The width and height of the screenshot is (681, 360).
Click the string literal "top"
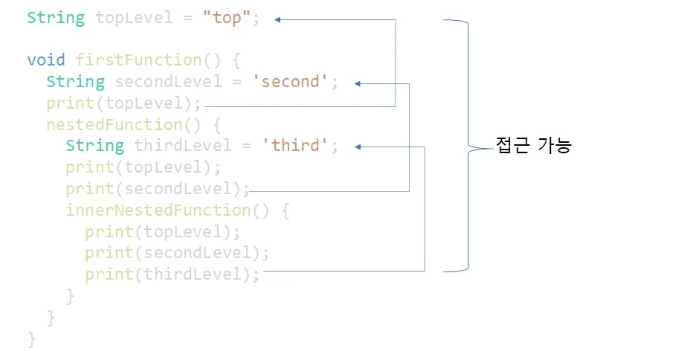[x=227, y=18]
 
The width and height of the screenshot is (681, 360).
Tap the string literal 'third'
[x=295, y=146]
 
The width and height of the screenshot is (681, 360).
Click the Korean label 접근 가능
[x=533, y=146]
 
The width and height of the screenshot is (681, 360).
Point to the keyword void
[x=46, y=60]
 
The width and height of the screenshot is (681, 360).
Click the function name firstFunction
[x=138, y=60]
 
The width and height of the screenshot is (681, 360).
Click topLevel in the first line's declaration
[x=134, y=18]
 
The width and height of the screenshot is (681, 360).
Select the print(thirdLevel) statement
[x=172, y=275]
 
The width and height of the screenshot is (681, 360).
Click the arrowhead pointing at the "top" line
[x=277, y=20]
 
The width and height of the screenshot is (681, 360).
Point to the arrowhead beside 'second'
[x=358, y=84]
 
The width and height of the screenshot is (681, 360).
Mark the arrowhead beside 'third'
[x=358, y=147]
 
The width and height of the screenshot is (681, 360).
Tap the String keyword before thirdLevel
[x=94, y=146]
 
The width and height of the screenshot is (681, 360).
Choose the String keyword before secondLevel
[x=75, y=82]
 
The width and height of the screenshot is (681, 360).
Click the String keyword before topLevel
[x=56, y=18]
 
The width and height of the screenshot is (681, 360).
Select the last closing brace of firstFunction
[x=31, y=339]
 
